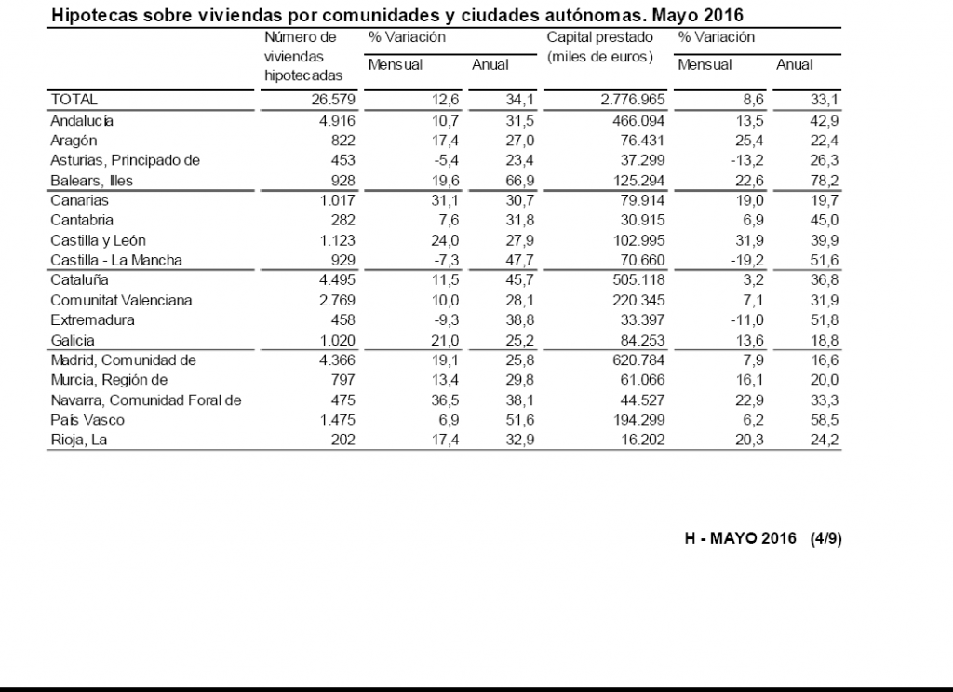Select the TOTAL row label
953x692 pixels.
click(74, 99)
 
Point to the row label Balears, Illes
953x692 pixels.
click(91, 181)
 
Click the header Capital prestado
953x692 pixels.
click(599, 38)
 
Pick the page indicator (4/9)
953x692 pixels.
click(826, 539)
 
